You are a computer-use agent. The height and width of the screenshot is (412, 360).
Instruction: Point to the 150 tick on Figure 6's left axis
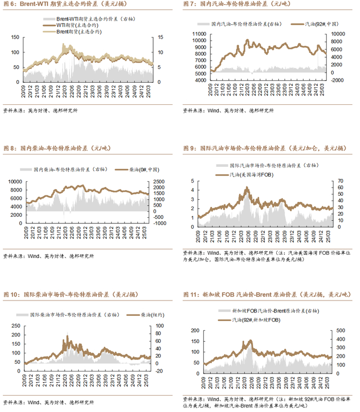pos(15,37)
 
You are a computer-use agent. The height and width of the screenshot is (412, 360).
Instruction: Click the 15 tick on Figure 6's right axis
pos(160,37)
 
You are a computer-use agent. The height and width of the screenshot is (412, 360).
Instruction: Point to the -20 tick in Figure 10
pos(159,371)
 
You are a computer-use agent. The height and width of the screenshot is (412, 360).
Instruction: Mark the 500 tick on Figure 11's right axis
pos(340,330)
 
